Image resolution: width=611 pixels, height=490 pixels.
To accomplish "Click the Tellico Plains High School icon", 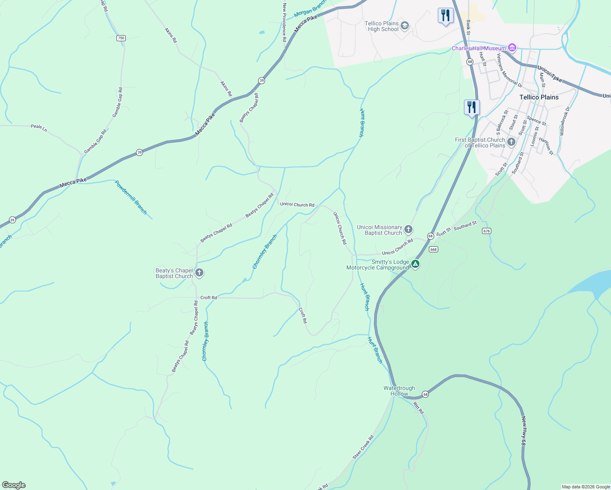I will pyautogui.click(x=404, y=26).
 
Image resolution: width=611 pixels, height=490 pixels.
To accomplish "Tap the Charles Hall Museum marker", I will pyautogui.click(x=512, y=48).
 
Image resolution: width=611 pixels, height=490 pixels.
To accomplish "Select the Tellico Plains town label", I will pyautogui.click(x=539, y=97).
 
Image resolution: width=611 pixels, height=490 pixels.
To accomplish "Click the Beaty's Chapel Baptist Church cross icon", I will pyautogui.click(x=199, y=273).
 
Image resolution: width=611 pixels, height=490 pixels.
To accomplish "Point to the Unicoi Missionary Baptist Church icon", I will pyautogui.click(x=408, y=230).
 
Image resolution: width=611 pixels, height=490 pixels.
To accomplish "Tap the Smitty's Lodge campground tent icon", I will pyautogui.click(x=415, y=264).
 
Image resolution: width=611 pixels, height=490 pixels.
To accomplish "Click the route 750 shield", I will pyautogui.click(x=120, y=38).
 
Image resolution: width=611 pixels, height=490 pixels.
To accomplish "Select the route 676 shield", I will pyautogui.click(x=486, y=231).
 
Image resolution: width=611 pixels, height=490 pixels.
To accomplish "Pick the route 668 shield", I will pyautogui.click(x=433, y=249).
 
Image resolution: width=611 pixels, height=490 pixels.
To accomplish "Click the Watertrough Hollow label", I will pyautogui.click(x=399, y=391).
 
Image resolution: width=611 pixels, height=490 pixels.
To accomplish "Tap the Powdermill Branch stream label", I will pyautogui.click(x=131, y=197).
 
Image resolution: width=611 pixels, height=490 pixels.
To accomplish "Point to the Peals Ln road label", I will pyautogui.click(x=39, y=128).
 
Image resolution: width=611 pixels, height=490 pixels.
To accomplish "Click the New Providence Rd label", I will pyautogui.click(x=284, y=22).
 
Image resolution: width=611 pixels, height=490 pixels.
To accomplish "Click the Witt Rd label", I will pyautogui.click(x=419, y=408).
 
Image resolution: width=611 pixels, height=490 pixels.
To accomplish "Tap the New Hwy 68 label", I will pyautogui.click(x=524, y=433).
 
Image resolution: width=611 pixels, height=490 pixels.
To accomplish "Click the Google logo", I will pyautogui.click(x=14, y=485).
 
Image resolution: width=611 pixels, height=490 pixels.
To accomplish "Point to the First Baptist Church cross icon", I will pyautogui.click(x=511, y=143).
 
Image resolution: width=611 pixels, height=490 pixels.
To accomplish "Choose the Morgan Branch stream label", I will pyautogui.click(x=310, y=9).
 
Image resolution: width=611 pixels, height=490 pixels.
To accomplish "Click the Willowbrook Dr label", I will pyautogui.click(x=564, y=121).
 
